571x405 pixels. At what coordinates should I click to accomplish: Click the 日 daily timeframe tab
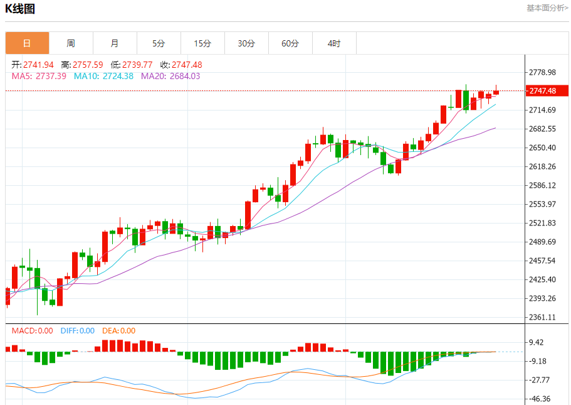pos(27,43)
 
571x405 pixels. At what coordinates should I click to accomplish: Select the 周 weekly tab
pos(71,43)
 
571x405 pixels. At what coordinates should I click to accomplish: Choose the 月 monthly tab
pos(115,43)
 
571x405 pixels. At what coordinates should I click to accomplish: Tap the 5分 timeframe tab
pos(159,43)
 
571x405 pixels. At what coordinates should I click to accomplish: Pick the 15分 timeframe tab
pos(202,43)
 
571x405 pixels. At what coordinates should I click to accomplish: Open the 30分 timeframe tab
pos(246,43)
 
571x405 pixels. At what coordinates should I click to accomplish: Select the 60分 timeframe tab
pos(290,43)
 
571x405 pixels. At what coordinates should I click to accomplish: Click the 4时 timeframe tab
pos(334,43)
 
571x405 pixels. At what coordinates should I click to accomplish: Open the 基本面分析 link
pos(547,8)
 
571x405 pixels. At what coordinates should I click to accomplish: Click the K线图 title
pos(20,9)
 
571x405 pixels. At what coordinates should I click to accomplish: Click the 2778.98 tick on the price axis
pos(542,72)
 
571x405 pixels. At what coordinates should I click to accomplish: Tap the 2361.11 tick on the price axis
pos(542,317)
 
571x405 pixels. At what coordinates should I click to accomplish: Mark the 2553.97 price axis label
pos(542,204)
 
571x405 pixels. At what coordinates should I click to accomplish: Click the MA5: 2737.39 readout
pos(39,76)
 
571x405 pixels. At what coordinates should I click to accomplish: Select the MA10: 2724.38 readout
pos(103,76)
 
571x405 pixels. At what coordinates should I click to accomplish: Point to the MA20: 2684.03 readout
pos(170,76)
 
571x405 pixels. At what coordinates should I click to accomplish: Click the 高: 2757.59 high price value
pos(82,65)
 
